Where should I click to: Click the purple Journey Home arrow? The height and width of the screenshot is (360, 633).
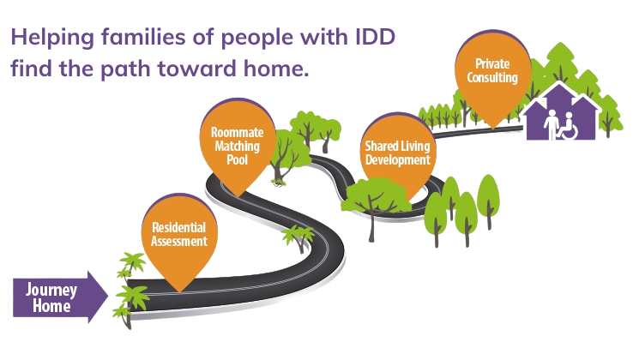[61, 297]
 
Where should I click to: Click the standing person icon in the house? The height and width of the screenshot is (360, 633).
[551, 124]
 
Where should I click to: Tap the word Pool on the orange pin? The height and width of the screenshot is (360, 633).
[237, 159]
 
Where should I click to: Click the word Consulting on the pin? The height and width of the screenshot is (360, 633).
[492, 77]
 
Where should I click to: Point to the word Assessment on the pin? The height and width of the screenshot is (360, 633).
[179, 242]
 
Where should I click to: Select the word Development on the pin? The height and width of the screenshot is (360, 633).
[398, 159]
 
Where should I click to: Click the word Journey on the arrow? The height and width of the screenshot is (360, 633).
[51, 291]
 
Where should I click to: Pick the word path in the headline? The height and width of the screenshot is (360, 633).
[125, 69]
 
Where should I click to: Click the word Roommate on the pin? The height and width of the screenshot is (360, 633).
[238, 132]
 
